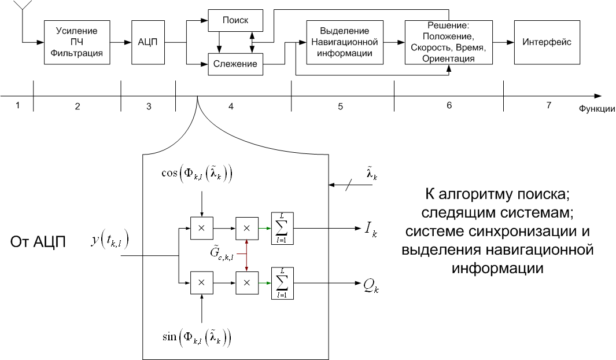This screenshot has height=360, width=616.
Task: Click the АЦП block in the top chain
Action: (147, 42)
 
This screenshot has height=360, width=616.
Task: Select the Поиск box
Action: (235, 20)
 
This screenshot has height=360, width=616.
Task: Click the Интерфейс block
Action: (547, 42)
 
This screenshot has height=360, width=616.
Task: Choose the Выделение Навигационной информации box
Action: (342, 42)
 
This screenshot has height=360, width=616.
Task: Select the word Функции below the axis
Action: (596, 108)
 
